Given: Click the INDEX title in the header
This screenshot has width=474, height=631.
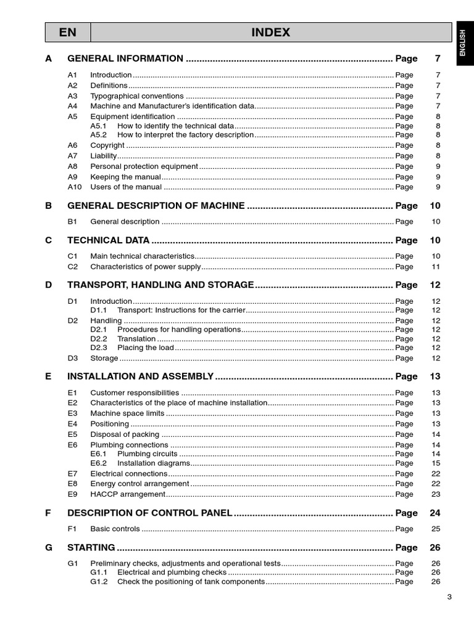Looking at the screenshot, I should click(x=270, y=33).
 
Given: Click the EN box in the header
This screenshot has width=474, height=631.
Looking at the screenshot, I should click(x=68, y=33).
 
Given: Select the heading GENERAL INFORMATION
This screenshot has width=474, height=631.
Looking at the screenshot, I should click(x=125, y=59).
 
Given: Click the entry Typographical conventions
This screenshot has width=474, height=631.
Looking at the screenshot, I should click(x=137, y=96).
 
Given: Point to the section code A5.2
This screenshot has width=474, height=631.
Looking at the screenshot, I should click(x=99, y=135).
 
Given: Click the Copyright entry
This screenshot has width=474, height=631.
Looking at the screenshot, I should click(x=107, y=145).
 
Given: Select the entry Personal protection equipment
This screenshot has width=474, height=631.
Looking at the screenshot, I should click(x=144, y=166).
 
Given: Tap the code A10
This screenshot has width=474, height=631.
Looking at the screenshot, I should click(x=74, y=187).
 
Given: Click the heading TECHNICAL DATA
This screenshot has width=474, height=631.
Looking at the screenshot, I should click(x=108, y=240).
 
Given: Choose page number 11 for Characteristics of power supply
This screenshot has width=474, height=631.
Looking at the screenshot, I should click(x=436, y=267).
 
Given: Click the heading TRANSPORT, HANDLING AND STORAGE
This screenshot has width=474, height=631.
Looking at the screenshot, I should click(x=160, y=285).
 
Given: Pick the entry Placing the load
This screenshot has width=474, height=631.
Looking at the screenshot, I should click(x=146, y=348).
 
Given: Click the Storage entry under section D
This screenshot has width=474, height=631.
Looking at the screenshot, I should click(x=104, y=359).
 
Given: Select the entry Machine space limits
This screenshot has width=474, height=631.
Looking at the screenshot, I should click(x=128, y=413).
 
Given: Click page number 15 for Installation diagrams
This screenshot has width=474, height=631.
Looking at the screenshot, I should click(x=436, y=463).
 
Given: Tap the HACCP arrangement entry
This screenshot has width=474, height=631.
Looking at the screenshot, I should click(x=128, y=494).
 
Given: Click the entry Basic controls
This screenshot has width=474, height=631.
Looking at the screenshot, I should click(x=115, y=529).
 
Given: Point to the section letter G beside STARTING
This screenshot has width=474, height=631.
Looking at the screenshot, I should click(x=49, y=547).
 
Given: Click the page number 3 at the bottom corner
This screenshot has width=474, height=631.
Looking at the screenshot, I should click(x=449, y=596).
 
